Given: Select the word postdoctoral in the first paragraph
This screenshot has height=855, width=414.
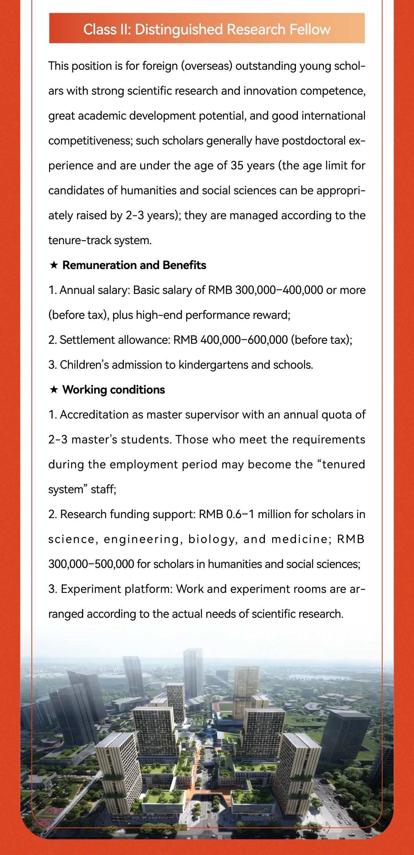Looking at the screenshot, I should tap(314, 141).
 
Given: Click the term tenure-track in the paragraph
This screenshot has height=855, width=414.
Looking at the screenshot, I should tap(80, 240).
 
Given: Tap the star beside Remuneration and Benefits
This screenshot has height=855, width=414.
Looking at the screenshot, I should tap(54, 265).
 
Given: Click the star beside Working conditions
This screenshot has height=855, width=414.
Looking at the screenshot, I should tap(54, 389).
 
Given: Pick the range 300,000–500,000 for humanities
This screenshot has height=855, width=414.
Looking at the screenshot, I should tap(91, 564).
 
